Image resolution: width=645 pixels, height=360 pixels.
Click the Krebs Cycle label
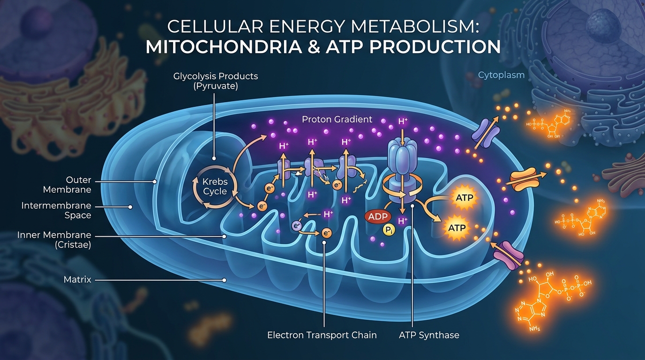215,187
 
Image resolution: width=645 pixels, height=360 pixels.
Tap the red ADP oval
377,217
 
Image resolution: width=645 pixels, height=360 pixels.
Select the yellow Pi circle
389,229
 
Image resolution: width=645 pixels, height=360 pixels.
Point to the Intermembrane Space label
56,210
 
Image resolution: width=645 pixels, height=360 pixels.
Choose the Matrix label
77,280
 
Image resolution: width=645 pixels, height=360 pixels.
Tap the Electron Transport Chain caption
322,335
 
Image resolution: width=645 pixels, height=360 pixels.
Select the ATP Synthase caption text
429,335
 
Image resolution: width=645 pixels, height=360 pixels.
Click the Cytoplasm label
501,75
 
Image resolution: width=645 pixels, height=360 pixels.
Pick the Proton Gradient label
337,119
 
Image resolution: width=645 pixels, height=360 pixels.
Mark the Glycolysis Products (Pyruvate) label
216,80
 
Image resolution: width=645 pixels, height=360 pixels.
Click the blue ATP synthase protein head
402,159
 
